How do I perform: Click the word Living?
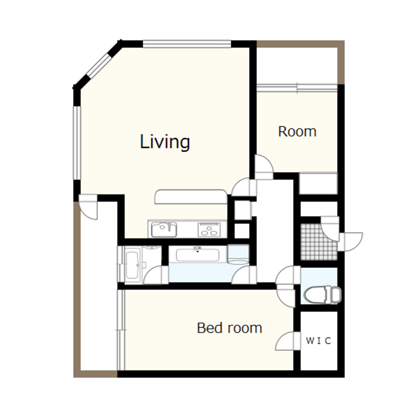tap(165, 142)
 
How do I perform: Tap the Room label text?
tap(297, 131)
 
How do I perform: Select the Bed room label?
tap(229, 328)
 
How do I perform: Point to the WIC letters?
tap(319, 340)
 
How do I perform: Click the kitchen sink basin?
tap(164, 229)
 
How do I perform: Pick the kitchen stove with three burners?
tap(209, 229)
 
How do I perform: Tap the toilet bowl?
tap(322, 295)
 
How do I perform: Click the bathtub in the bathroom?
tap(133, 265)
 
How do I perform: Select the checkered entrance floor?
tap(319, 242)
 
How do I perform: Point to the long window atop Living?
tap(187, 44)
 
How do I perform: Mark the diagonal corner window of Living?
tap(99, 66)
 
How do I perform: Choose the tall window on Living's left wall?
tap(77, 143)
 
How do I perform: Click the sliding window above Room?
tap(297, 88)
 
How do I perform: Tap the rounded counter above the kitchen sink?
tap(191, 196)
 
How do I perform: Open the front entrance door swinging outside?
tap(351, 242)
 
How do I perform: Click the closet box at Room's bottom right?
tap(318, 184)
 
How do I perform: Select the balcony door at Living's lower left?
tap(88, 207)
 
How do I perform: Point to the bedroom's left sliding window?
tap(121, 330)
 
